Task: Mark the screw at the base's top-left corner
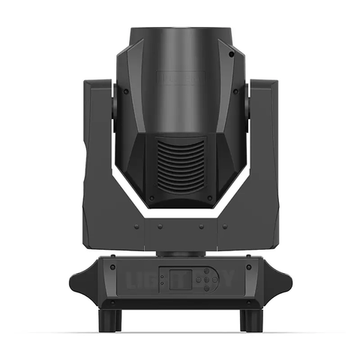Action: [108, 262]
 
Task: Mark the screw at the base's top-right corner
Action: [252, 262]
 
